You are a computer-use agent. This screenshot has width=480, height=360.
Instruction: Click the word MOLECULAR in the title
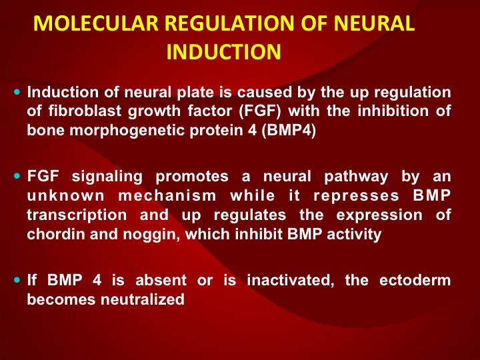96,23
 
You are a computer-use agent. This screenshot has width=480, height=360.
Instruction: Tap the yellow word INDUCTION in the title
224,52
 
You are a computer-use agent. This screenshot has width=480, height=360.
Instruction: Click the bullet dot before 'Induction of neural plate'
17,92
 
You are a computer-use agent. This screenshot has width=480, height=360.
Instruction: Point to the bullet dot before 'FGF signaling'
17,176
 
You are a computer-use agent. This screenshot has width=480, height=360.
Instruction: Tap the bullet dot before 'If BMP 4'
17,280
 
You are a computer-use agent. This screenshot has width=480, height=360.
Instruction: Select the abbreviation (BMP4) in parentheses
289,131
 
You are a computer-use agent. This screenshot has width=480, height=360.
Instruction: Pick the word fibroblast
85,111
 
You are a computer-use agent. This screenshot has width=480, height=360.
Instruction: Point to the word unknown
66,195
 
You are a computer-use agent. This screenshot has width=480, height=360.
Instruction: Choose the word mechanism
167,195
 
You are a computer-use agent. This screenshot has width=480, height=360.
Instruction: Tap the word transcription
77,215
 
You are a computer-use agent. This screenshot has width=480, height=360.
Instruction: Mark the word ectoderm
415,280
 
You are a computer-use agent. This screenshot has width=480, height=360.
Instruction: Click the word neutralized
143,299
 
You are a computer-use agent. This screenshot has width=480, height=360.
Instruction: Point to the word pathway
356,177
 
